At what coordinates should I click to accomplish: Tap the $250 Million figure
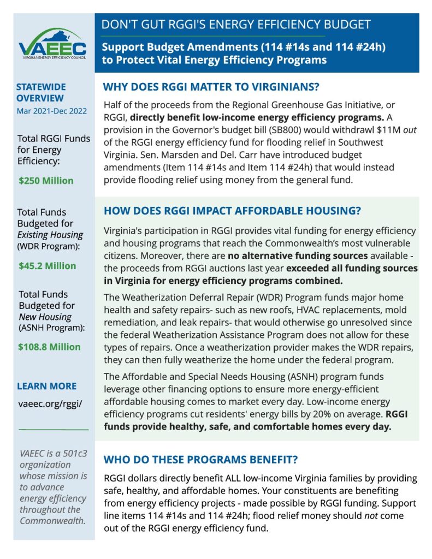tap(46, 181)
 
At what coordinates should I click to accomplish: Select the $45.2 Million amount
tap(48, 266)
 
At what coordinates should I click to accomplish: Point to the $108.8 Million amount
tap(49, 347)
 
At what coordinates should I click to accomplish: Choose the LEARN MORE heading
tap(47, 386)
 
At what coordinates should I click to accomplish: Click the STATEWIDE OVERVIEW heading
tap(40, 92)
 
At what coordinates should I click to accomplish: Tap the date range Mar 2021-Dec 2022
tap(51, 111)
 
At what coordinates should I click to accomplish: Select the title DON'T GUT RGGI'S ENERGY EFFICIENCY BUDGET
tap(236, 25)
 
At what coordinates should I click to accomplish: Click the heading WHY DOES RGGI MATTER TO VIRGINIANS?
tap(211, 87)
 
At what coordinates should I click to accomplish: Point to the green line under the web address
tap(54, 429)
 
